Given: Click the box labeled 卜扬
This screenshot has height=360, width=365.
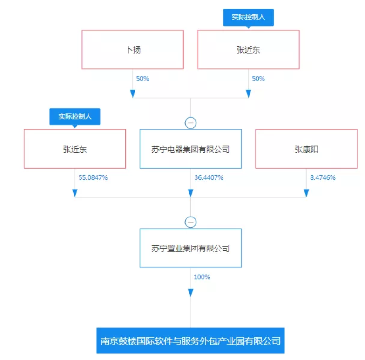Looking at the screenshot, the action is (x=133, y=49).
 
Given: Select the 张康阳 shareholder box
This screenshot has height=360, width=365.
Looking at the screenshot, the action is (x=306, y=149).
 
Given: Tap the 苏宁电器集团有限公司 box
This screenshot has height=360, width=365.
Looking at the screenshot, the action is (x=190, y=149).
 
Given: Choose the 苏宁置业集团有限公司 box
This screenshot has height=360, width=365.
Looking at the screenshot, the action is (x=190, y=248).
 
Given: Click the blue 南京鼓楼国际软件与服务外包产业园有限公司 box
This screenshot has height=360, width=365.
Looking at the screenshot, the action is (x=191, y=341).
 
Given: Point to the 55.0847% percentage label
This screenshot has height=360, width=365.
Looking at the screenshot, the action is (x=93, y=178).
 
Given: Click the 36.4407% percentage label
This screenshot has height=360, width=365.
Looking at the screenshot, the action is (x=209, y=178).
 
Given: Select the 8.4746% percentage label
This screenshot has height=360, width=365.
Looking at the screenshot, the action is (x=323, y=178).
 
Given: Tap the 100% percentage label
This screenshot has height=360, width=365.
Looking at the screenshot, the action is (x=202, y=277).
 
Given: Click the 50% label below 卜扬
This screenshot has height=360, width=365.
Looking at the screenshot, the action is (x=142, y=79).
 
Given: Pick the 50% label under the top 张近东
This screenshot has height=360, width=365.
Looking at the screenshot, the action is (x=258, y=79).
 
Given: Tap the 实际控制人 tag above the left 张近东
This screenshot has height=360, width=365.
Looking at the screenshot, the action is (x=74, y=116).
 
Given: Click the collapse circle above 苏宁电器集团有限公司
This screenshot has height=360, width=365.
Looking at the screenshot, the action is (x=191, y=123).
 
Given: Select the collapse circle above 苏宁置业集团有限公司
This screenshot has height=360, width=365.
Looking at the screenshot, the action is (x=191, y=222).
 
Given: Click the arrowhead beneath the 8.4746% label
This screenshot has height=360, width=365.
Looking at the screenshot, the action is (x=306, y=193).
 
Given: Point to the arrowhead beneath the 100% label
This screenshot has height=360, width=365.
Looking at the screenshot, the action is (x=191, y=292).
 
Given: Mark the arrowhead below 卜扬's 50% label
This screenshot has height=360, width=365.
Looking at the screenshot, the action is (x=133, y=94).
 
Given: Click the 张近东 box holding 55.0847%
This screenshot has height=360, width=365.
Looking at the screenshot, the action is (x=74, y=149).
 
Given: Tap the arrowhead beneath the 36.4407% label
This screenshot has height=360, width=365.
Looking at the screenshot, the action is (x=191, y=193).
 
